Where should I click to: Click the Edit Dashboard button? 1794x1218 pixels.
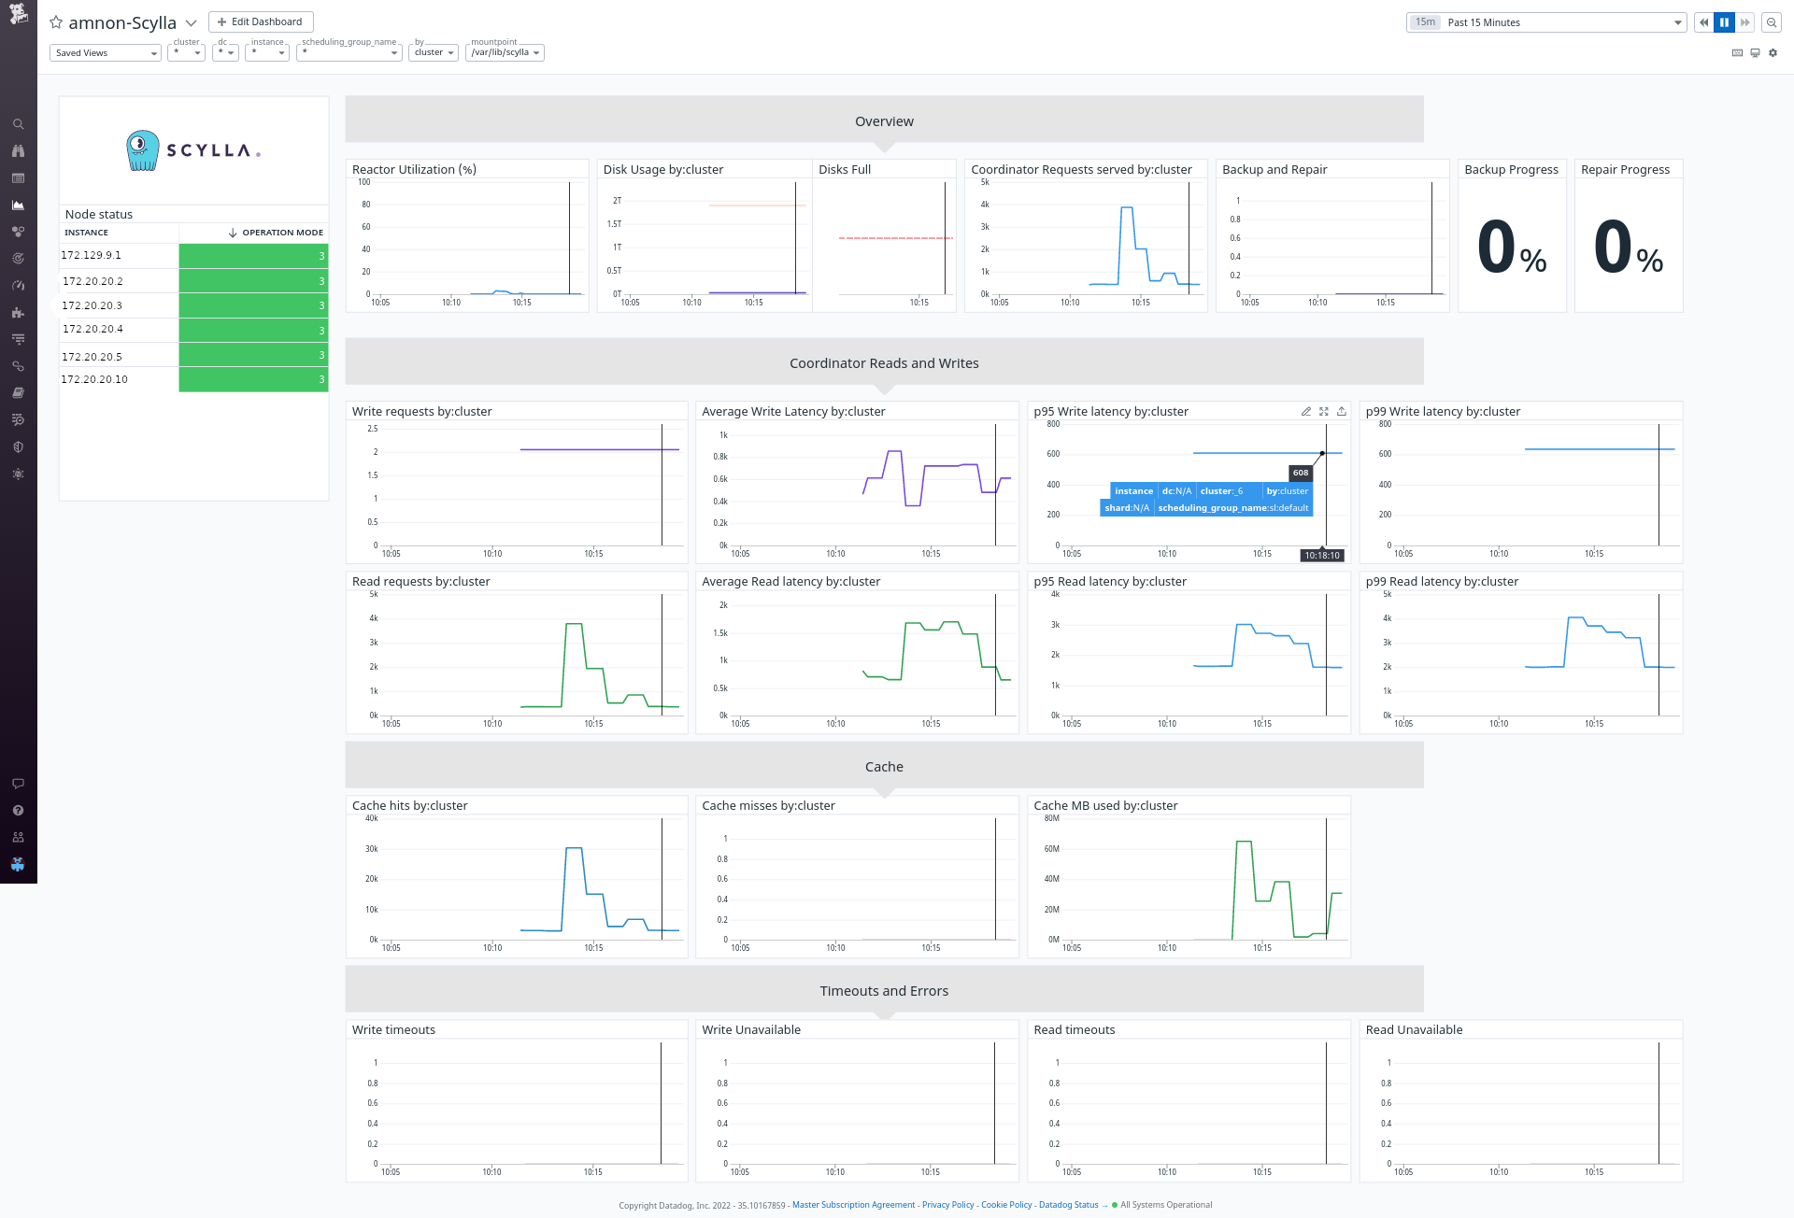pyautogui.click(x=261, y=21)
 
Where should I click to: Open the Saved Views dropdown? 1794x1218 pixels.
pyautogui.click(x=105, y=53)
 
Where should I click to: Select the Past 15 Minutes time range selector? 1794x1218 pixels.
pyautogui.click(x=1546, y=22)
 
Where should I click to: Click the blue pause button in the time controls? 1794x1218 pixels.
pyautogui.click(x=1724, y=22)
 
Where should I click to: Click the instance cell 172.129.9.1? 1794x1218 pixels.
pyautogui.click(x=92, y=255)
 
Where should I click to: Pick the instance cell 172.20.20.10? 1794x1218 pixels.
pyautogui.click(x=94, y=379)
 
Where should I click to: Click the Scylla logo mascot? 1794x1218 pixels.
pyautogui.click(x=142, y=150)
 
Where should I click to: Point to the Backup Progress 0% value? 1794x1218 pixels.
pyautogui.click(x=1512, y=248)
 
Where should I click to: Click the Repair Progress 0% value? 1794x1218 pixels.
pyautogui.click(x=1628, y=248)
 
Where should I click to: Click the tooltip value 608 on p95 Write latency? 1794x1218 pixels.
pyautogui.click(x=1301, y=473)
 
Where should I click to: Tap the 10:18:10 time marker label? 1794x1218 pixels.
pyautogui.click(x=1322, y=555)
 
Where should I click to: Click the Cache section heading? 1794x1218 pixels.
pyautogui.click(x=884, y=767)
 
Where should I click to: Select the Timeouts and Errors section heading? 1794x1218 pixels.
pyautogui.click(x=884, y=991)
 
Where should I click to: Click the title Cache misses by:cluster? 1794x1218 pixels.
pyautogui.click(x=768, y=805)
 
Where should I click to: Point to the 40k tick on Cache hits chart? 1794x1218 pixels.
pyautogui.click(x=372, y=818)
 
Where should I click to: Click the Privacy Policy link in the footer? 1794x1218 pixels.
pyautogui.click(x=947, y=1205)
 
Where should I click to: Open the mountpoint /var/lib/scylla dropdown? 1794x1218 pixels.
pyautogui.click(x=505, y=52)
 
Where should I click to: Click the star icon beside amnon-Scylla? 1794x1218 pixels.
pyautogui.click(x=56, y=22)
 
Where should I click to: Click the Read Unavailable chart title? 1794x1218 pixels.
pyautogui.click(x=1414, y=1029)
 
